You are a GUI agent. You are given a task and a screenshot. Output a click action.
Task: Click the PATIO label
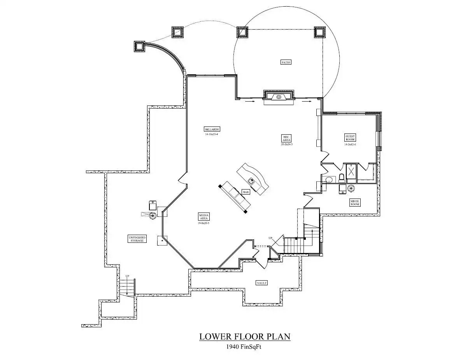pos(286,62)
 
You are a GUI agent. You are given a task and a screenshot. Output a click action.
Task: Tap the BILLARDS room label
pos(212,129)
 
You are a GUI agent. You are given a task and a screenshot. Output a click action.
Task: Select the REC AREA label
pos(286,138)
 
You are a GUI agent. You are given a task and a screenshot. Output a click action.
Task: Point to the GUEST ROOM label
pos(350,137)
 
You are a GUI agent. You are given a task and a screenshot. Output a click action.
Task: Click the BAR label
pos(246,192)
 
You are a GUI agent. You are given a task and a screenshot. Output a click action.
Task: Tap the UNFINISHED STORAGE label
pos(137,239)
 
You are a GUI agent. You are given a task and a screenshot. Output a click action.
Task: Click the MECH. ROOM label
pos(354,202)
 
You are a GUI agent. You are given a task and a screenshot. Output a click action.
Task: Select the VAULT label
pos(261,283)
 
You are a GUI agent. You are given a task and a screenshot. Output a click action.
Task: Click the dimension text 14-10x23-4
pos(212,134)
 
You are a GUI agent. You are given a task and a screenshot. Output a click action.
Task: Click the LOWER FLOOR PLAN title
pos(245,336)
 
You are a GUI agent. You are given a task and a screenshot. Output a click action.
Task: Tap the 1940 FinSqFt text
pos(245,346)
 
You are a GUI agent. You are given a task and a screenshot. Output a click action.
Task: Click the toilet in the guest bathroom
pos(342,178)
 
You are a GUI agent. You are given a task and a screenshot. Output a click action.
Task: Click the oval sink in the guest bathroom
pos(329,180)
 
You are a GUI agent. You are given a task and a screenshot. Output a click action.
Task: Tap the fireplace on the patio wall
pos(279,97)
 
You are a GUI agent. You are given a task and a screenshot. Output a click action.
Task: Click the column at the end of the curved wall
pos(139,47)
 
